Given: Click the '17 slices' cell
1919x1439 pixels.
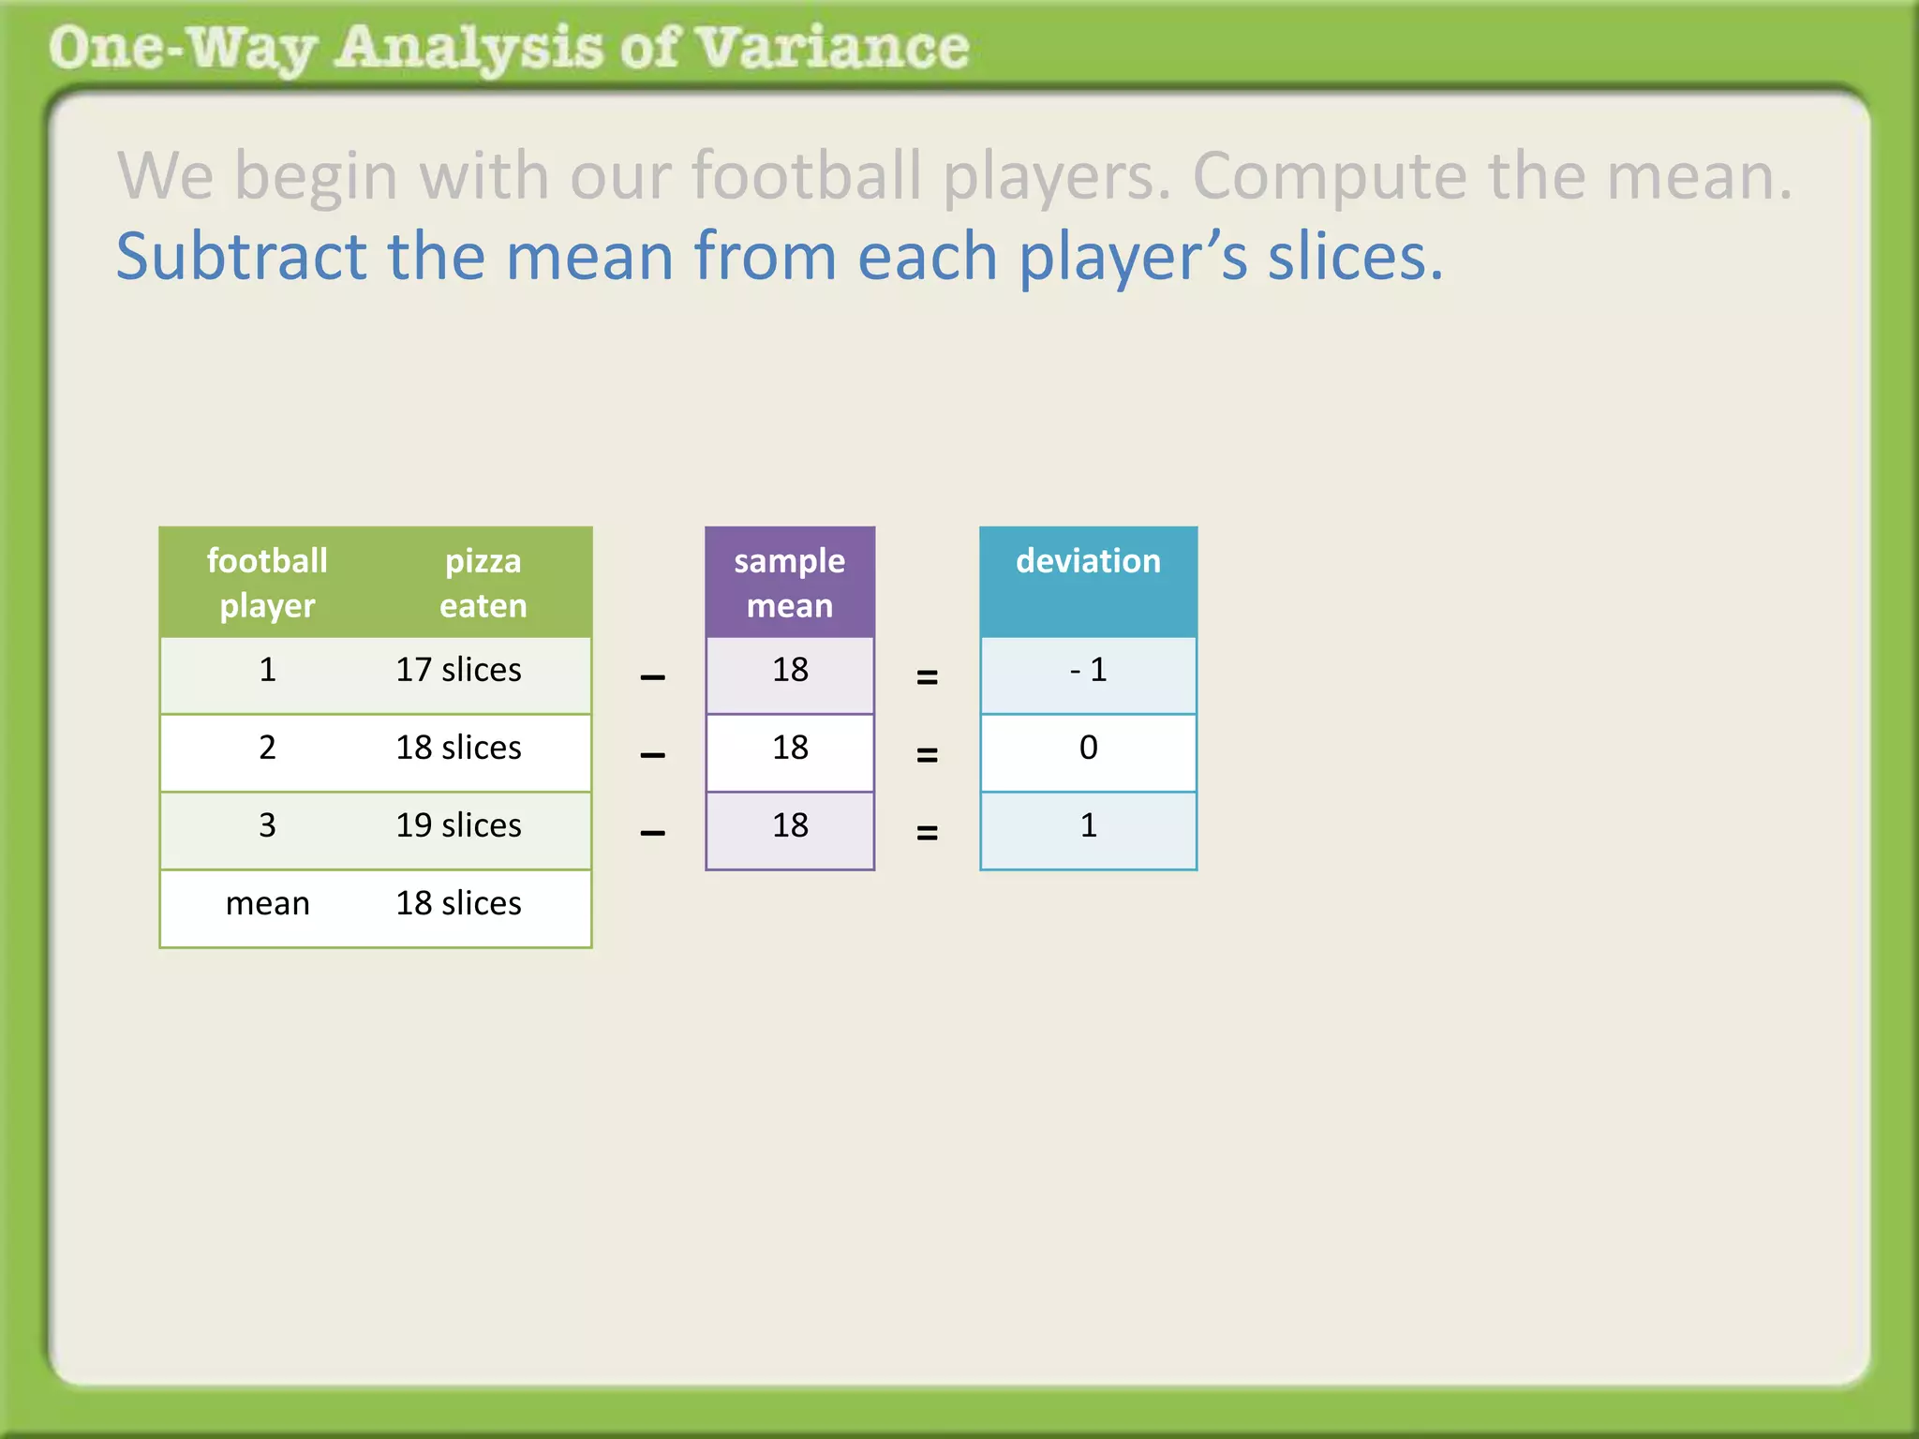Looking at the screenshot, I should tap(458, 670).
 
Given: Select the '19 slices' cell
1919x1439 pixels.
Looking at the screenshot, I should tap(458, 825).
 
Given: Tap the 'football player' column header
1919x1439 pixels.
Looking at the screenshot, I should tap(267, 583).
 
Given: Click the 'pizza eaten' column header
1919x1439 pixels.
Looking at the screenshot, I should tap(483, 583).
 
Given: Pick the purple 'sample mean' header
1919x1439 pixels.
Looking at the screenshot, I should tap(790, 583).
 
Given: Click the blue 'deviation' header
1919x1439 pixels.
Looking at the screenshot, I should tap(1088, 561).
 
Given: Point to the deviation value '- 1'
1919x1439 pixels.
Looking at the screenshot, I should tap(1088, 670).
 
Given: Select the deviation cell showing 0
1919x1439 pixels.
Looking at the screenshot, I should tap(1088, 748).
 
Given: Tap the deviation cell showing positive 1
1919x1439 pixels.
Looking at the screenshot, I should tap(1088, 825).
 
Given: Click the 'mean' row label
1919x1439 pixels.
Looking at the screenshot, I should tap(267, 903).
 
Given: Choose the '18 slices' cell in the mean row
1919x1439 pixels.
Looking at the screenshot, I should tap(458, 903).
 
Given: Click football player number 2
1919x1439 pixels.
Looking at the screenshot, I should tap(267, 748).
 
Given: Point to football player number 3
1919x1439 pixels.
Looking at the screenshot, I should tap(267, 825).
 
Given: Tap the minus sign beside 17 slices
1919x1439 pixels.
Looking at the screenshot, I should tap(652, 677).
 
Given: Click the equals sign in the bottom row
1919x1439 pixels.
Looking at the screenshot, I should tap(927, 832).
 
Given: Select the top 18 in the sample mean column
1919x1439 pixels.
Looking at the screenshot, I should tap(790, 670).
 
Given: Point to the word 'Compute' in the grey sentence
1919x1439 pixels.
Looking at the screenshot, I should tap(1329, 175).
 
